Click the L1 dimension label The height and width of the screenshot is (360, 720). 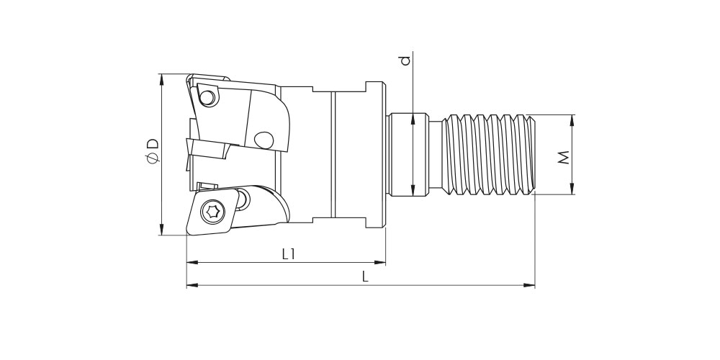[x=288, y=254]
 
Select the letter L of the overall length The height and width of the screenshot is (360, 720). [x=365, y=276]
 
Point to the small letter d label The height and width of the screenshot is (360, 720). [x=405, y=60]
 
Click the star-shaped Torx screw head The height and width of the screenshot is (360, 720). [x=212, y=212]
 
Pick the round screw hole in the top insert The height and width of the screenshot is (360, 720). [x=207, y=97]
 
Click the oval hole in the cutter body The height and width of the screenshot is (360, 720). [x=264, y=140]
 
